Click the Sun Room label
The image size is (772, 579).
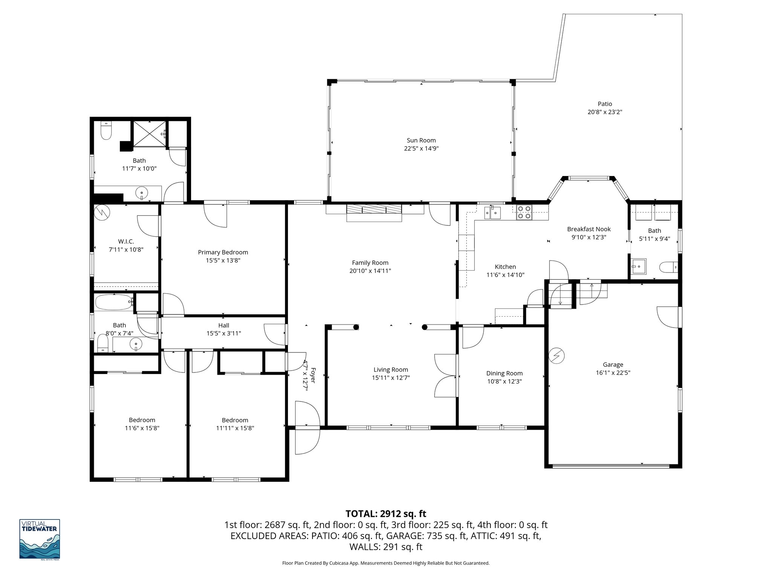[x=421, y=140]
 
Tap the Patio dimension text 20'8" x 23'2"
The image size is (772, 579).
[x=605, y=112]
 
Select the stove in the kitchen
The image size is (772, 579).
[x=524, y=212]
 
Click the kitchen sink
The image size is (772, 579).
[x=493, y=213]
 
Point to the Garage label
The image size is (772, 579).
[x=613, y=365]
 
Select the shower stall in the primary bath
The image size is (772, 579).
[x=149, y=135]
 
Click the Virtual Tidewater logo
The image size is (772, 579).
[x=40, y=539]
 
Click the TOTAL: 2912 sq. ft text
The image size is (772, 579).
[x=386, y=513]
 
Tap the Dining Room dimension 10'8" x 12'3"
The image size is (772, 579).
[x=504, y=381]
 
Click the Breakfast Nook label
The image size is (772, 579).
[x=589, y=229]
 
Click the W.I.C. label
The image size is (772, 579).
[x=126, y=241]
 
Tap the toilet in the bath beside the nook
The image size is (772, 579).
[x=668, y=268]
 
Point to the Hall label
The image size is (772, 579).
[x=224, y=325]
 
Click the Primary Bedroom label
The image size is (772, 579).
[x=223, y=252]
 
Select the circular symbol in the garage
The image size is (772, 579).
[x=556, y=356]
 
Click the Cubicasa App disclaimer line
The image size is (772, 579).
[x=386, y=563]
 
